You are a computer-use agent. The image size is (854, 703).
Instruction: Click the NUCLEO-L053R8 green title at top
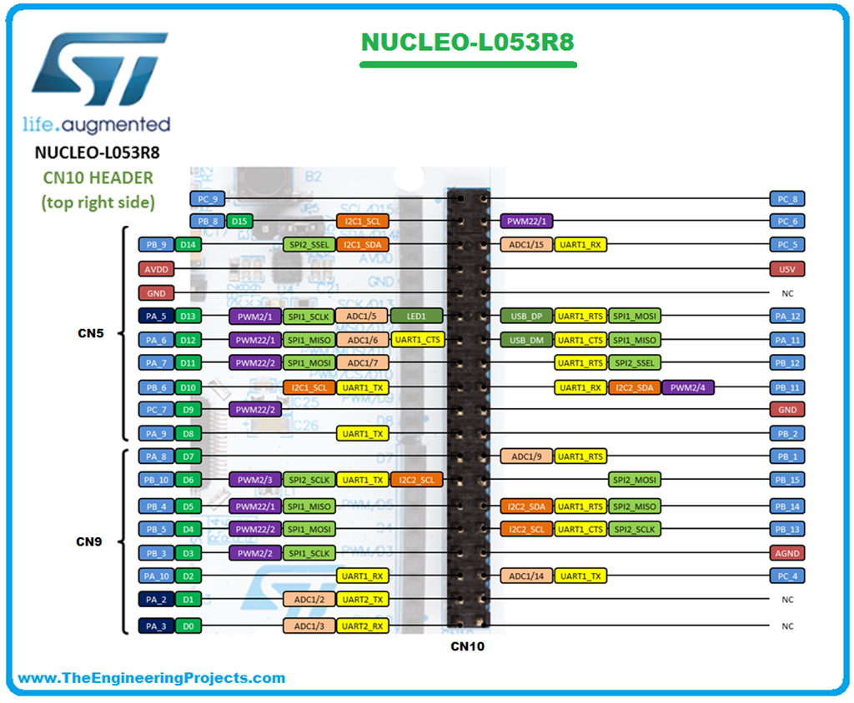click(x=468, y=42)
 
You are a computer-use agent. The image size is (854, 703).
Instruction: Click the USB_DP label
click(x=525, y=317)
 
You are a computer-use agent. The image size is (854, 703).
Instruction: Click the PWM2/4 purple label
click(x=688, y=387)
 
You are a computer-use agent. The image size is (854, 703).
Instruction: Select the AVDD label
click(x=157, y=269)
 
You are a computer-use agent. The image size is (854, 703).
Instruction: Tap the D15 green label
click(x=239, y=222)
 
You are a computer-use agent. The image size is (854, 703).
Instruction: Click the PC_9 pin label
click(x=207, y=199)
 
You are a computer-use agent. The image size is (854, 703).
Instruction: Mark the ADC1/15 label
click(x=525, y=245)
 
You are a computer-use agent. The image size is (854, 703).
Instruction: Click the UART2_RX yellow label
click(x=363, y=626)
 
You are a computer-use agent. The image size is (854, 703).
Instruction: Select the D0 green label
click(x=188, y=626)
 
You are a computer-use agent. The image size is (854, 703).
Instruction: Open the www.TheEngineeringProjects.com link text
click(x=152, y=678)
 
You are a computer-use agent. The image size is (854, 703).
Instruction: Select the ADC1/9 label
click(x=525, y=456)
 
